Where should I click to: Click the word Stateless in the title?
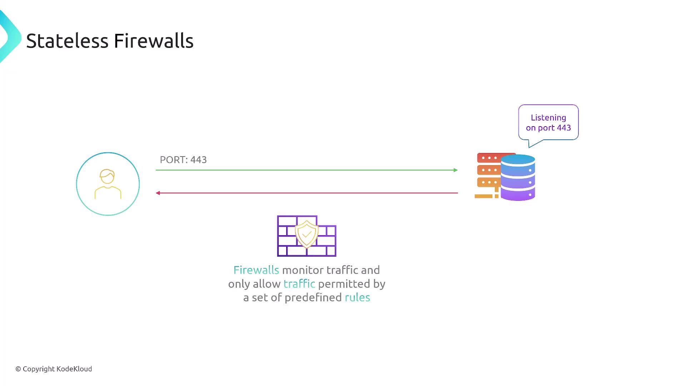point(67,41)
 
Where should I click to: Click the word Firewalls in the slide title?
point(154,41)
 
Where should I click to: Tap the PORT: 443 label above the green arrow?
point(183,160)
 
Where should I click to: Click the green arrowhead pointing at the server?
point(456,170)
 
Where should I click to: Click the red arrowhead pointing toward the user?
point(158,193)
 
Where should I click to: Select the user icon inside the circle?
point(108,184)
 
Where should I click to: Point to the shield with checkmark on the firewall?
point(307,234)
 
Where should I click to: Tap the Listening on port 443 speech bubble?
point(548,123)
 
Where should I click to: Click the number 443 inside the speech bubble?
point(563,128)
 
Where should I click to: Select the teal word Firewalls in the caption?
point(256,270)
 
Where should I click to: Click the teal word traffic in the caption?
point(299,284)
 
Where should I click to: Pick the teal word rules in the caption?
point(357,297)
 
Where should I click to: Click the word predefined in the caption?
point(313,297)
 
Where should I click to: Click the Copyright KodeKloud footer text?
point(54,369)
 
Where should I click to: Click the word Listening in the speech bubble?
point(548,118)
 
